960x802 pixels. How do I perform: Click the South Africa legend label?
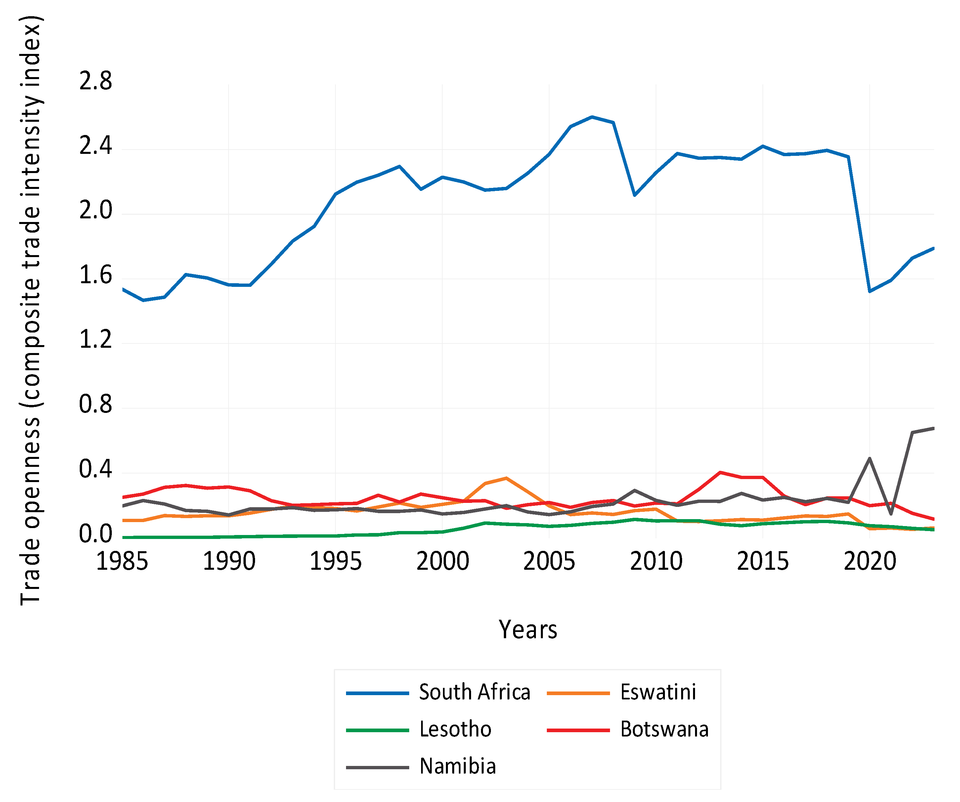click(x=474, y=692)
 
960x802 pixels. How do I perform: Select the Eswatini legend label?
click(x=658, y=692)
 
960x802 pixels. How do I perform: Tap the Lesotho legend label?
click(x=455, y=729)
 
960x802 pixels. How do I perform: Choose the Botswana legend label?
click(x=664, y=729)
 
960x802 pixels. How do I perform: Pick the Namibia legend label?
click(x=458, y=766)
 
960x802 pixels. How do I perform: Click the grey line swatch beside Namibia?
click(x=377, y=767)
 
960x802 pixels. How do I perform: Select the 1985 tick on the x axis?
click(x=122, y=561)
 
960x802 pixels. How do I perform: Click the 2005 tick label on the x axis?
click(x=549, y=561)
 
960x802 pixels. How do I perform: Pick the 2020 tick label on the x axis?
click(x=869, y=561)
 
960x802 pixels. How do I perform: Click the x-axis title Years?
click(x=528, y=630)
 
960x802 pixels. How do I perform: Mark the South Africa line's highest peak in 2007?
click(x=592, y=117)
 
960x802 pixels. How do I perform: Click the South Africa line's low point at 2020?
click(x=869, y=291)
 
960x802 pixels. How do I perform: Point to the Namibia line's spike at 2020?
click(x=869, y=458)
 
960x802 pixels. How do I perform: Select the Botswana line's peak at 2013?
click(x=720, y=472)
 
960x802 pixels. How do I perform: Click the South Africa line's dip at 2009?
click(x=634, y=195)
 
